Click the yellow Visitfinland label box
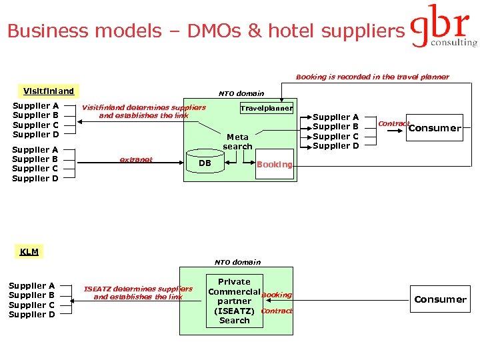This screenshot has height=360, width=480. point(48,91)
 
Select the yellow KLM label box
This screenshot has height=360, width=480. point(29,251)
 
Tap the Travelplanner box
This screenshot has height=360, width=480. point(266,108)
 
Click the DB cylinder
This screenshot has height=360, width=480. point(205,163)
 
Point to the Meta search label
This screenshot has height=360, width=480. point(237,141)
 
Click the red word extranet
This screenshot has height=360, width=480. point(135,159)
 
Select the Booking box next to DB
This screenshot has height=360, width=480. point(274,164)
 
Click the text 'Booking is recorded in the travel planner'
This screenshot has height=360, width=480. point(372,77)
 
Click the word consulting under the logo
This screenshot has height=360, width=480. point(453,43)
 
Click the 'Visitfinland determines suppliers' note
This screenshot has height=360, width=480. point(143,111)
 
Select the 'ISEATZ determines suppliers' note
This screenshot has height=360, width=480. point(138,293)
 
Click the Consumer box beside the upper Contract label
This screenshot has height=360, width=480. point(434,128)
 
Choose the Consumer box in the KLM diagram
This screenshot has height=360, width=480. point(440,299)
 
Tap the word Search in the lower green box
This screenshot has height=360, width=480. point(235,320)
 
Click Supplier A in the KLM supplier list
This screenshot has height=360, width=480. point(32,286)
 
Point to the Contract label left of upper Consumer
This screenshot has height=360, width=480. point(393,123)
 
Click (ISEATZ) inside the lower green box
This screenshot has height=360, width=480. point(234,311)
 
